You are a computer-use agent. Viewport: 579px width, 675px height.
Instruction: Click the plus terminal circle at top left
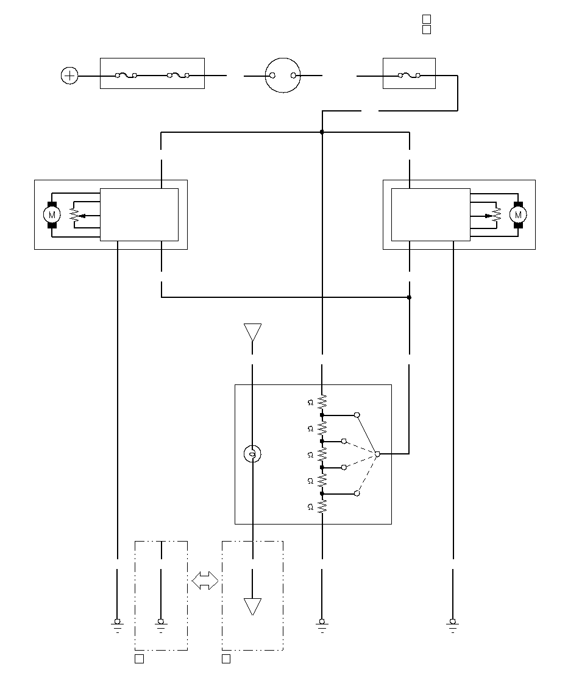click(69, 76)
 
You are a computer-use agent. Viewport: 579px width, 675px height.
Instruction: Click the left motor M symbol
click(52, 214)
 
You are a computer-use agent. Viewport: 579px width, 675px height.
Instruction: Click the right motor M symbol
click(518, 214)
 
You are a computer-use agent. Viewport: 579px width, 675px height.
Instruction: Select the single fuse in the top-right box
click(410, 76)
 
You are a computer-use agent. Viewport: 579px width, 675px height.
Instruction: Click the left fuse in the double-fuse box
click(126, 76)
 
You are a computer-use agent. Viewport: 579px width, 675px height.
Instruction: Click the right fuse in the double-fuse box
click(179, 76)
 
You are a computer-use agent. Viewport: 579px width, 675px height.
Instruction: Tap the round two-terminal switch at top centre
click(283, 76)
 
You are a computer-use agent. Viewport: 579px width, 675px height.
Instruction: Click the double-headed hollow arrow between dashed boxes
click(205, 581)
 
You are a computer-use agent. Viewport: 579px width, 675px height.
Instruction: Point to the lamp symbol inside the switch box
click(252, 454)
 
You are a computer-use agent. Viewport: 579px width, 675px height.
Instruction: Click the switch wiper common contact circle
click(377, 454)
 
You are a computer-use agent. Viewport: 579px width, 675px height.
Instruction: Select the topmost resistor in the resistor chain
click(322, 402)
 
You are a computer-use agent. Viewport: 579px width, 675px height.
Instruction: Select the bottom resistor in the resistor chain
click(322, 507)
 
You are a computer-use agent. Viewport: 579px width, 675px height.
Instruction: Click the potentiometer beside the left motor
click(74, 215)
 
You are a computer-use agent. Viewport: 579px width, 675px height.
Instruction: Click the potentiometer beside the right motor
click(496, 215)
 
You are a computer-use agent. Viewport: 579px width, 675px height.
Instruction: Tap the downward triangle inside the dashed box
click(252, 607)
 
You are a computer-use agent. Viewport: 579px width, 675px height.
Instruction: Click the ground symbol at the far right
click(453, 625)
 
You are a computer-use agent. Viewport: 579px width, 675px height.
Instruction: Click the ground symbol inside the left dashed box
click(161, 625)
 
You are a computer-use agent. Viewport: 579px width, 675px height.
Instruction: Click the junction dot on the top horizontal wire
click(322, 132)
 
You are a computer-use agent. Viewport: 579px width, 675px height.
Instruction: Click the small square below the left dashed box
click(139, 659)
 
